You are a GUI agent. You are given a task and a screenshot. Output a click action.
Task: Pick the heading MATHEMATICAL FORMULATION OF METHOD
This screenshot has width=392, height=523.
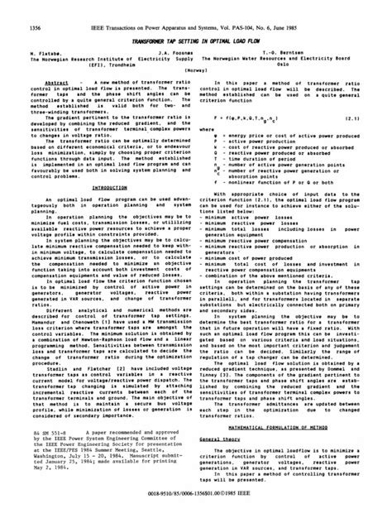point(286,403)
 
